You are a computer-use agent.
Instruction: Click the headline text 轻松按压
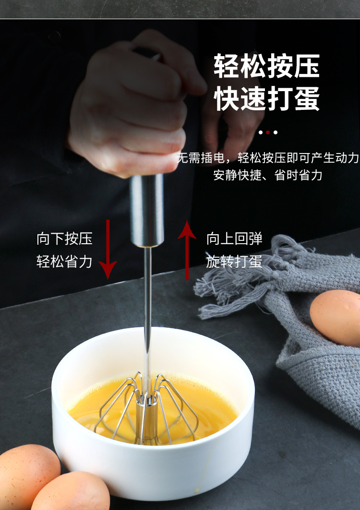266,66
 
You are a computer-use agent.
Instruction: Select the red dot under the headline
268,132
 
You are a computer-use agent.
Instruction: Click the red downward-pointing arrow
108,249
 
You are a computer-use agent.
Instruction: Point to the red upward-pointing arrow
187,249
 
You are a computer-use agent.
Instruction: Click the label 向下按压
64,238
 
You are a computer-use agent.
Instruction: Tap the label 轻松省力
64,261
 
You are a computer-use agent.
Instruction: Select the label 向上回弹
234,238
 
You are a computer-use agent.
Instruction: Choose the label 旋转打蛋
234,261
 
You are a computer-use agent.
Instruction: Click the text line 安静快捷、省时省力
268,175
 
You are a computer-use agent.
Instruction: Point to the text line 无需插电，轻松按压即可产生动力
268,157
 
